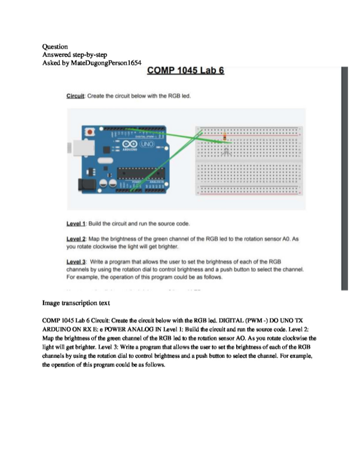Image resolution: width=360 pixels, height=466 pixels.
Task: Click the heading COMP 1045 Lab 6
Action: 185,71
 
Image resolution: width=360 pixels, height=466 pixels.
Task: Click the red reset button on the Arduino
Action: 90,131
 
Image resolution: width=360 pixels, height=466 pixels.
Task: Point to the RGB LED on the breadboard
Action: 225,149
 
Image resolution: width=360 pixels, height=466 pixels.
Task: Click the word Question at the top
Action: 55,46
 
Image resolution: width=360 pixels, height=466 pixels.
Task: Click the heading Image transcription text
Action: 81,303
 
